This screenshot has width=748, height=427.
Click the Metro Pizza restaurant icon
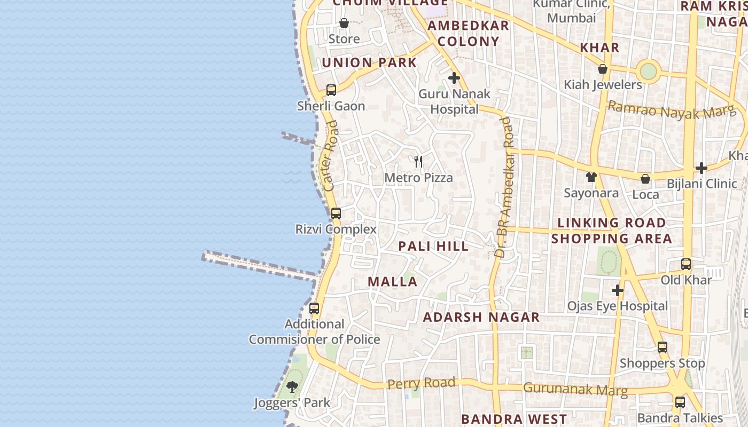point(418,161)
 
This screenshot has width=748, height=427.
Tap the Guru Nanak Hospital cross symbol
point(454,78)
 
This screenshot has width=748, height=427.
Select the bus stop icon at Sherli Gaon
point(331,90)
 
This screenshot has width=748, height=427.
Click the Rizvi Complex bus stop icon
point(336,213)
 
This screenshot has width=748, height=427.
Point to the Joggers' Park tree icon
point(292,387)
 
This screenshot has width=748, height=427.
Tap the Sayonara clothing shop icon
point(591,177)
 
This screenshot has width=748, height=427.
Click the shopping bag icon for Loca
point(645,179)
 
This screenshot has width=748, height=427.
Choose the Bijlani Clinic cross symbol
point(702,168)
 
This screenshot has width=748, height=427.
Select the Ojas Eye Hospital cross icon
point(618,290)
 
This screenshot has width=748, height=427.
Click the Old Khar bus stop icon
point(686,264)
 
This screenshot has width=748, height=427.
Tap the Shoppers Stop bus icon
point(663,347)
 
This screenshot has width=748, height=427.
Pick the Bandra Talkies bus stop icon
point(680,402)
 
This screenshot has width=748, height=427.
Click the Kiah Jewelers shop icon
point(603,69)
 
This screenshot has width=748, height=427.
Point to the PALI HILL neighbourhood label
point(434,246)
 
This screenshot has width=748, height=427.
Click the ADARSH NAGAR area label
point(481,317)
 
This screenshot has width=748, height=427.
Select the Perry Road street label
point(422,383)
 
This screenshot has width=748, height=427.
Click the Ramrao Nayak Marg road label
point(672,110)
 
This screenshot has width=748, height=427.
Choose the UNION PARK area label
point(369,62)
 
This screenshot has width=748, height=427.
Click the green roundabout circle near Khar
point(648,71)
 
